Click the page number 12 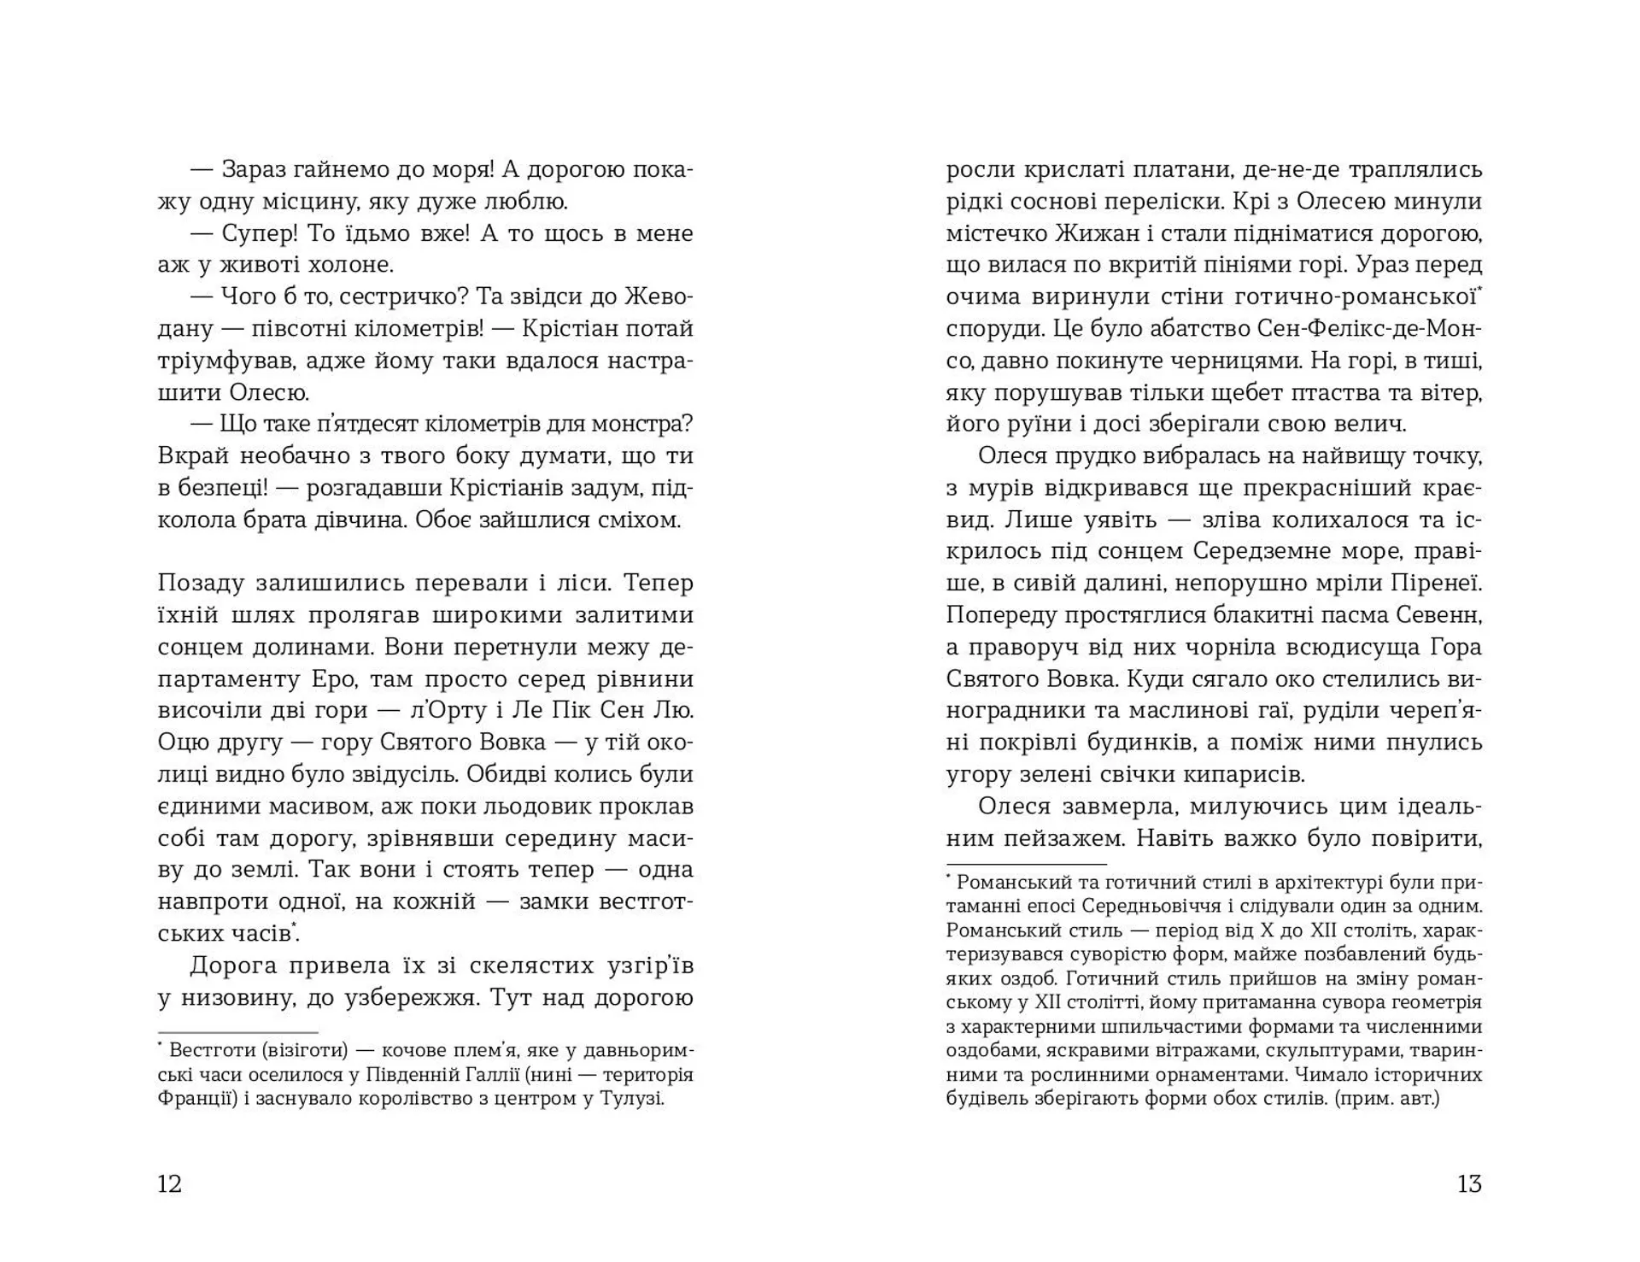[x=170, y=1183]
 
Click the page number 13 [x=1469, y=1183]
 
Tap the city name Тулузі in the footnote [x=632, y=1098]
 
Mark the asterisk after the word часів [x=296, y=925]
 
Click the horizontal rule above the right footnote [x=1026, y=865]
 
